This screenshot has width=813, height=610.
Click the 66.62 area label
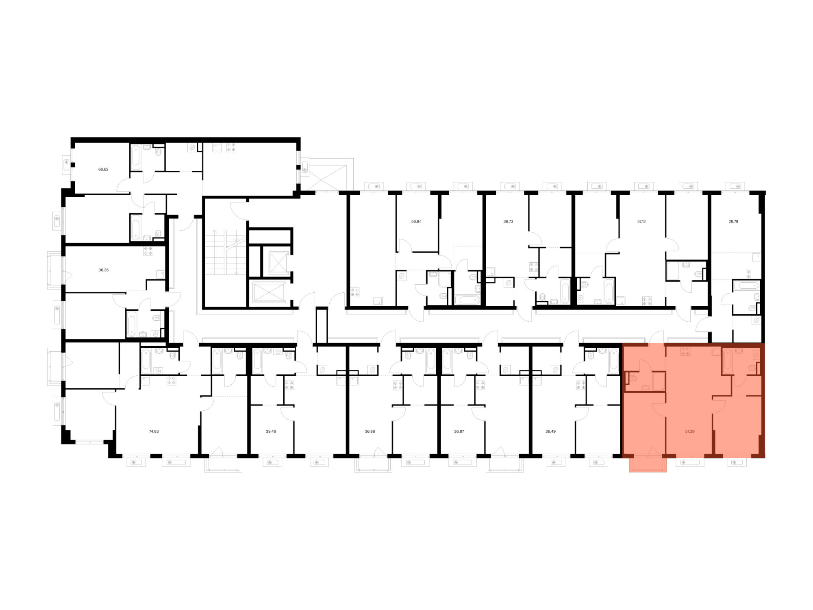103,169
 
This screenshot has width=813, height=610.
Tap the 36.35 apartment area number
104,270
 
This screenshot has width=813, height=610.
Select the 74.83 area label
154,431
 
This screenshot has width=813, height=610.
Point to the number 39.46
271,431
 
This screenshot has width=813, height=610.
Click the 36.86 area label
370,431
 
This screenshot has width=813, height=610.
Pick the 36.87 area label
459,431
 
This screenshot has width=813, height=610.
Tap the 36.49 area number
550,431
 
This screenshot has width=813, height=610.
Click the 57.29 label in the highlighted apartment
690,431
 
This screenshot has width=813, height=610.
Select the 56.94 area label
416,222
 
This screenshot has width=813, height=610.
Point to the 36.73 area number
508,222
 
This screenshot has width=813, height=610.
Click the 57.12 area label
641,222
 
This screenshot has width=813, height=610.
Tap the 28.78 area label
733,222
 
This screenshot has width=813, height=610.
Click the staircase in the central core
225,252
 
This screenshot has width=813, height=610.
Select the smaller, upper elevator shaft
278,264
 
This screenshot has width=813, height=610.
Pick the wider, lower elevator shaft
270,292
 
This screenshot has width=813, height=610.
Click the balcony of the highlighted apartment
648,465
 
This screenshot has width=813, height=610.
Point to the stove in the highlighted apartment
685,351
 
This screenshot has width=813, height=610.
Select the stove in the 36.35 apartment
148,251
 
